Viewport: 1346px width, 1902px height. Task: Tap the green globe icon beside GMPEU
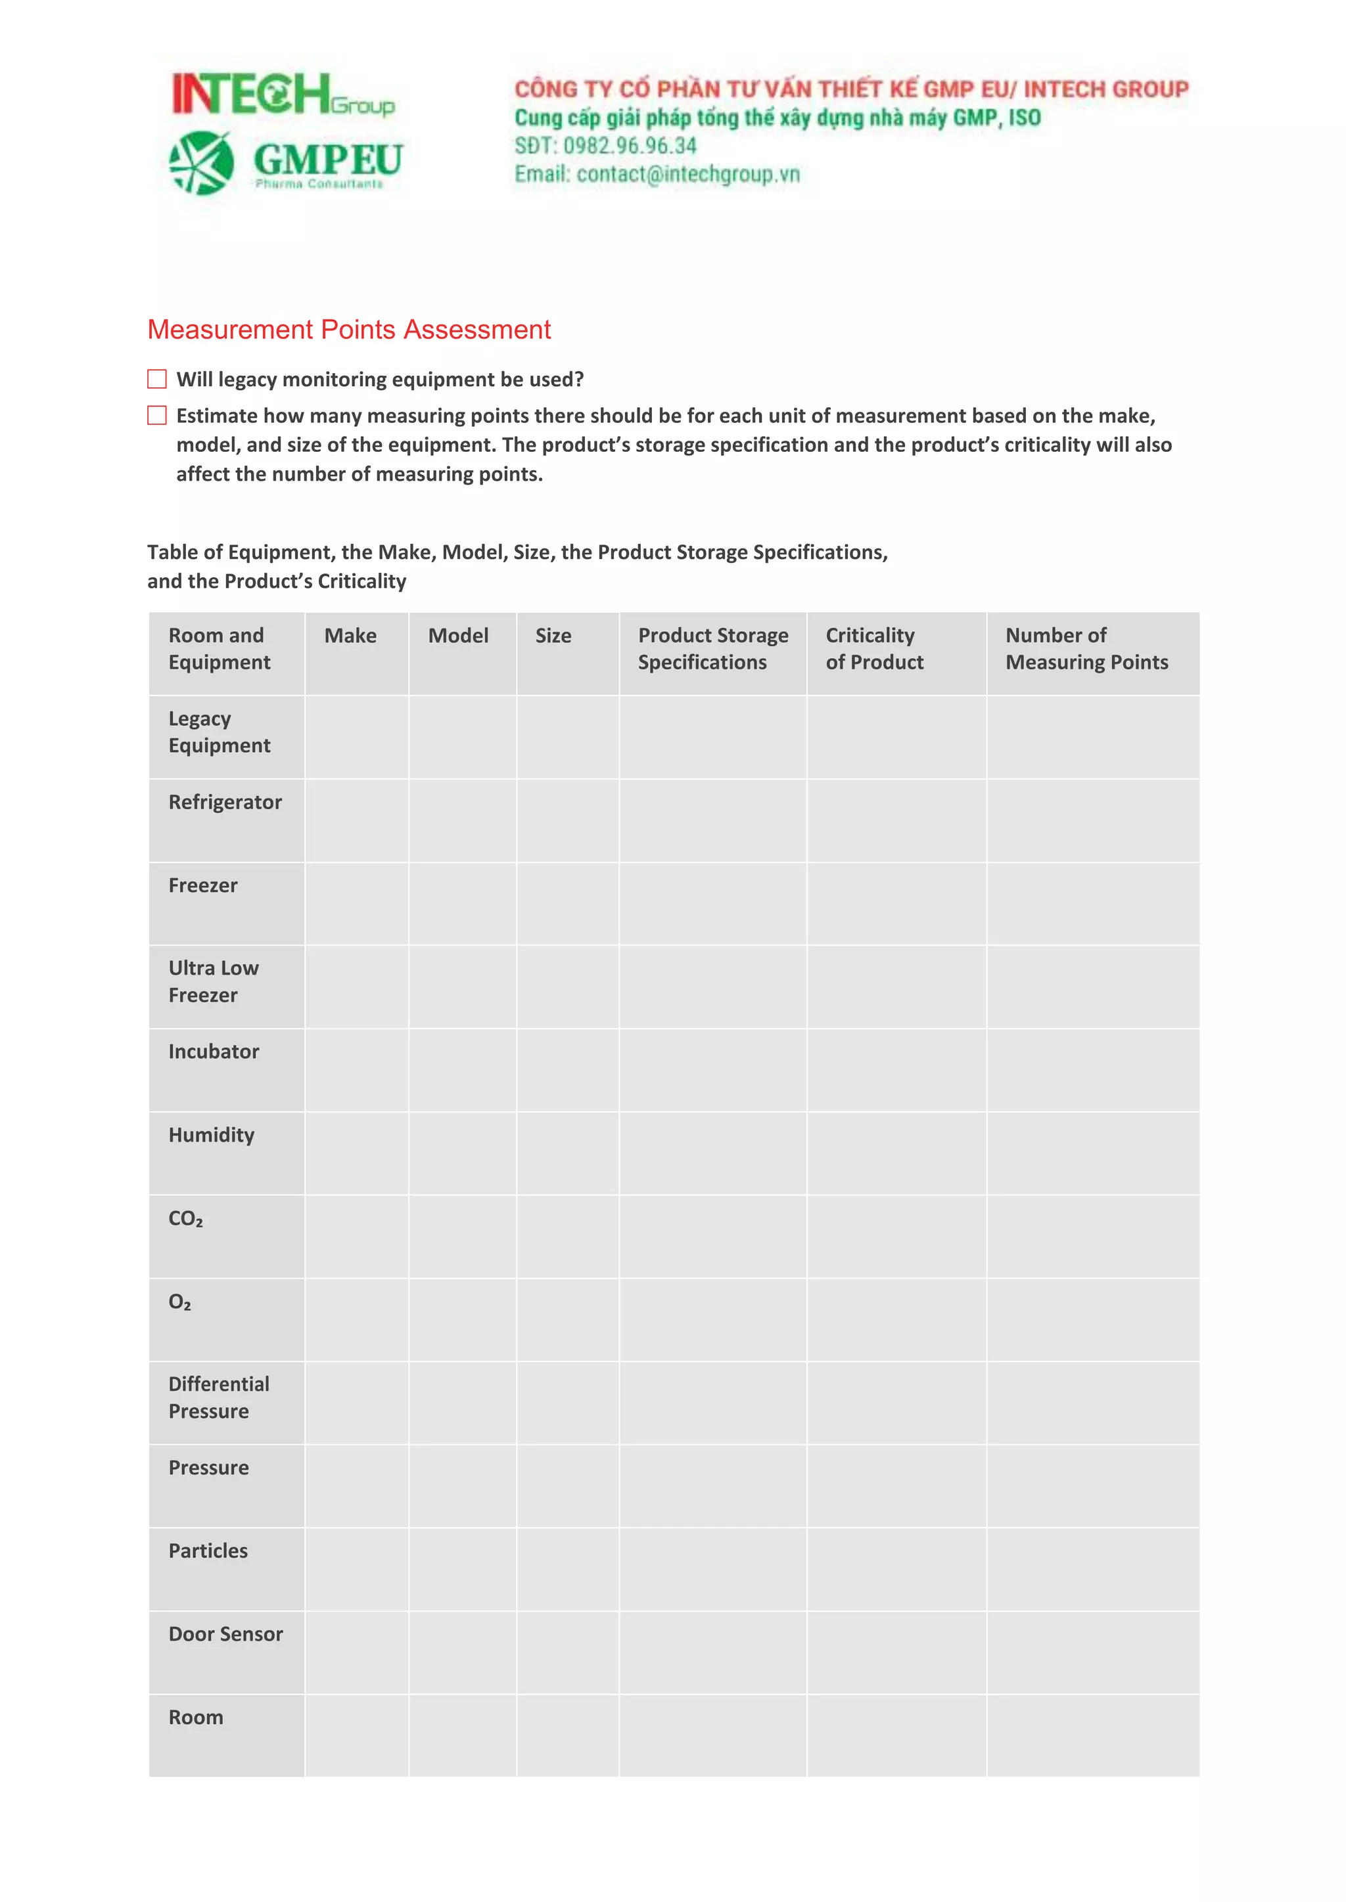coord(201,163)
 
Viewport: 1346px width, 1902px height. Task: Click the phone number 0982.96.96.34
coord(629,146)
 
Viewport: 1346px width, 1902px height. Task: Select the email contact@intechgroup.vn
coord(688,174)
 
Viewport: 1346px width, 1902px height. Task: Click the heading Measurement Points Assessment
coord(349,330)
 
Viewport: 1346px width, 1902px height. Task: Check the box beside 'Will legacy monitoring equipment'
coord(156,380)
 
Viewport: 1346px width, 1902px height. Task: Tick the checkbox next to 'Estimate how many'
coord(156,416)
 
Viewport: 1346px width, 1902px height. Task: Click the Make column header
coord(350,636)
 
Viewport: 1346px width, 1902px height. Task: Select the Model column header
coord(457,636)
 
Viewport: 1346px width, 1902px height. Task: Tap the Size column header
coord(553,636)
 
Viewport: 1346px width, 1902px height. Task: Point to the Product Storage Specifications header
coord(713,649)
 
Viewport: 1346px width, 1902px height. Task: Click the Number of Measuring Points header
coord(1086,649)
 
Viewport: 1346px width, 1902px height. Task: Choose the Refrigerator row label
coord(225,803)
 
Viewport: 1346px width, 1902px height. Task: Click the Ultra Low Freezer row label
coord(213,982)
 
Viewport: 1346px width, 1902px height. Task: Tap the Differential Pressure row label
coord(219,1398)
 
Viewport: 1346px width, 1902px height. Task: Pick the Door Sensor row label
coord(225,1635)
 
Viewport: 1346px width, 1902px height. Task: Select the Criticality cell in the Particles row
coord(896,1569)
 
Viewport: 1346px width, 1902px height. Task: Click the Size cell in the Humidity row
coord(568,1153)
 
